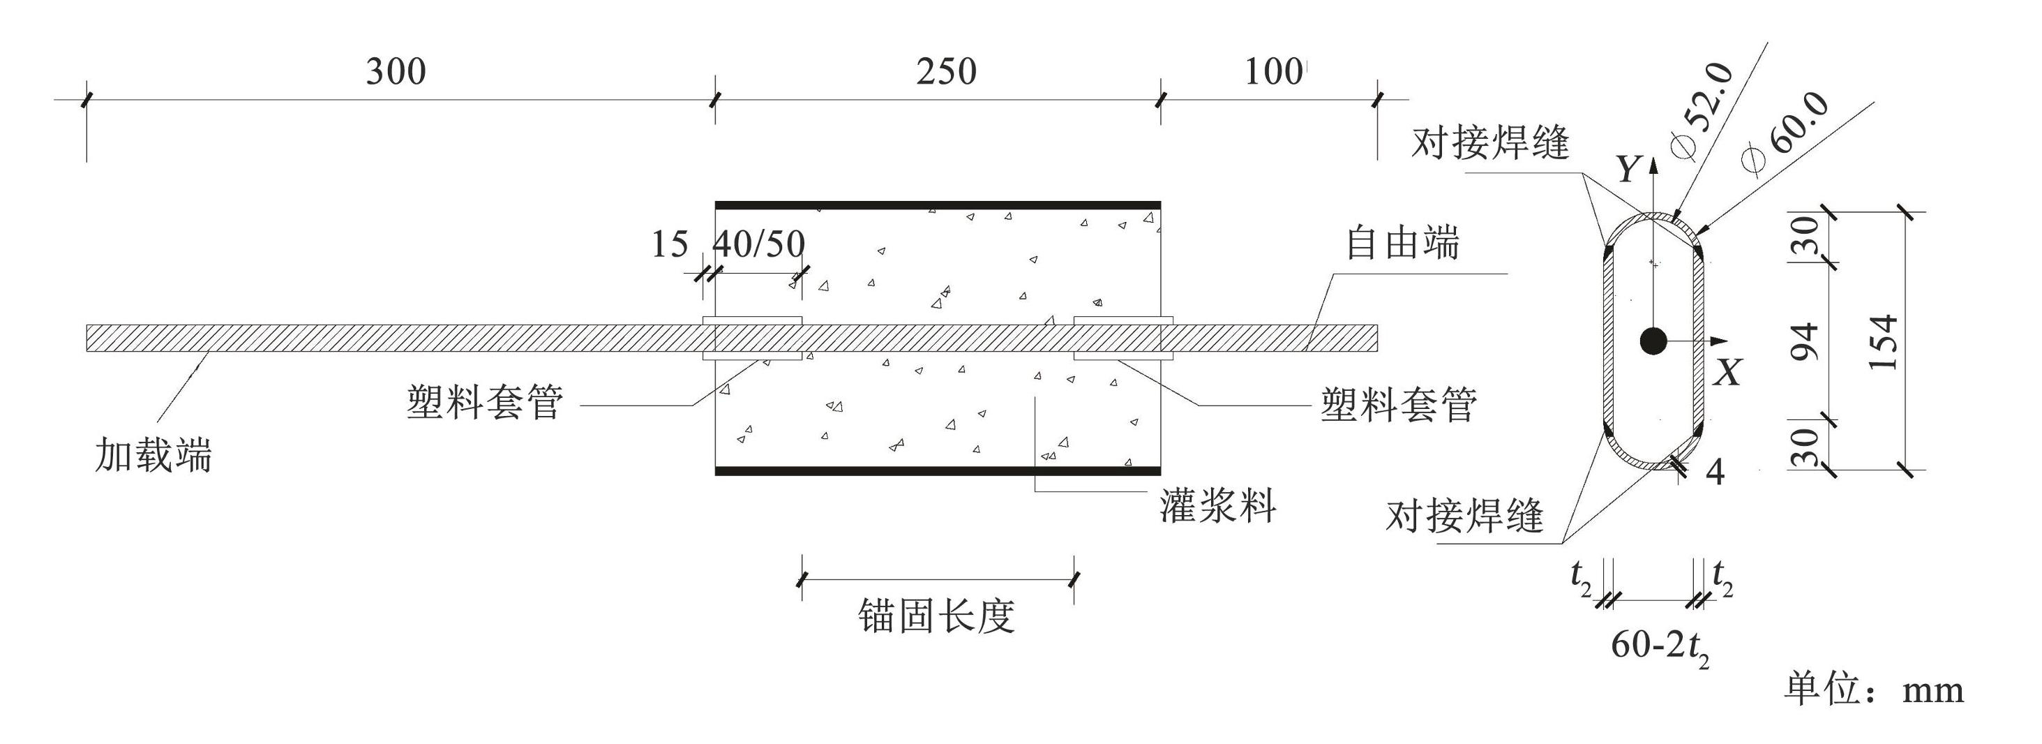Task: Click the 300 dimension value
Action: pos(396,71)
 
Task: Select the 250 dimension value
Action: pos(947,71)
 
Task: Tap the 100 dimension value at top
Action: pos(1273,71)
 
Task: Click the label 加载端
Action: pos(153,455)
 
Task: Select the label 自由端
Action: pos(1402,243)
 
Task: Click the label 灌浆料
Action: pos(1217,505)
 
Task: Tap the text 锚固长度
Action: pos(936,616)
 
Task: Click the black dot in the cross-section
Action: pos(1653,341)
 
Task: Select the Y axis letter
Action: pos(1628,169)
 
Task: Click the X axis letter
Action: pos(1727,372)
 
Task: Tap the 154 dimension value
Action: pos(1884,343)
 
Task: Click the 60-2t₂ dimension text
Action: pos(1660,647)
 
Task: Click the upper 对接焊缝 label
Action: pos(1490,144)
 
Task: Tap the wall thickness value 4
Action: pos(1715,472)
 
